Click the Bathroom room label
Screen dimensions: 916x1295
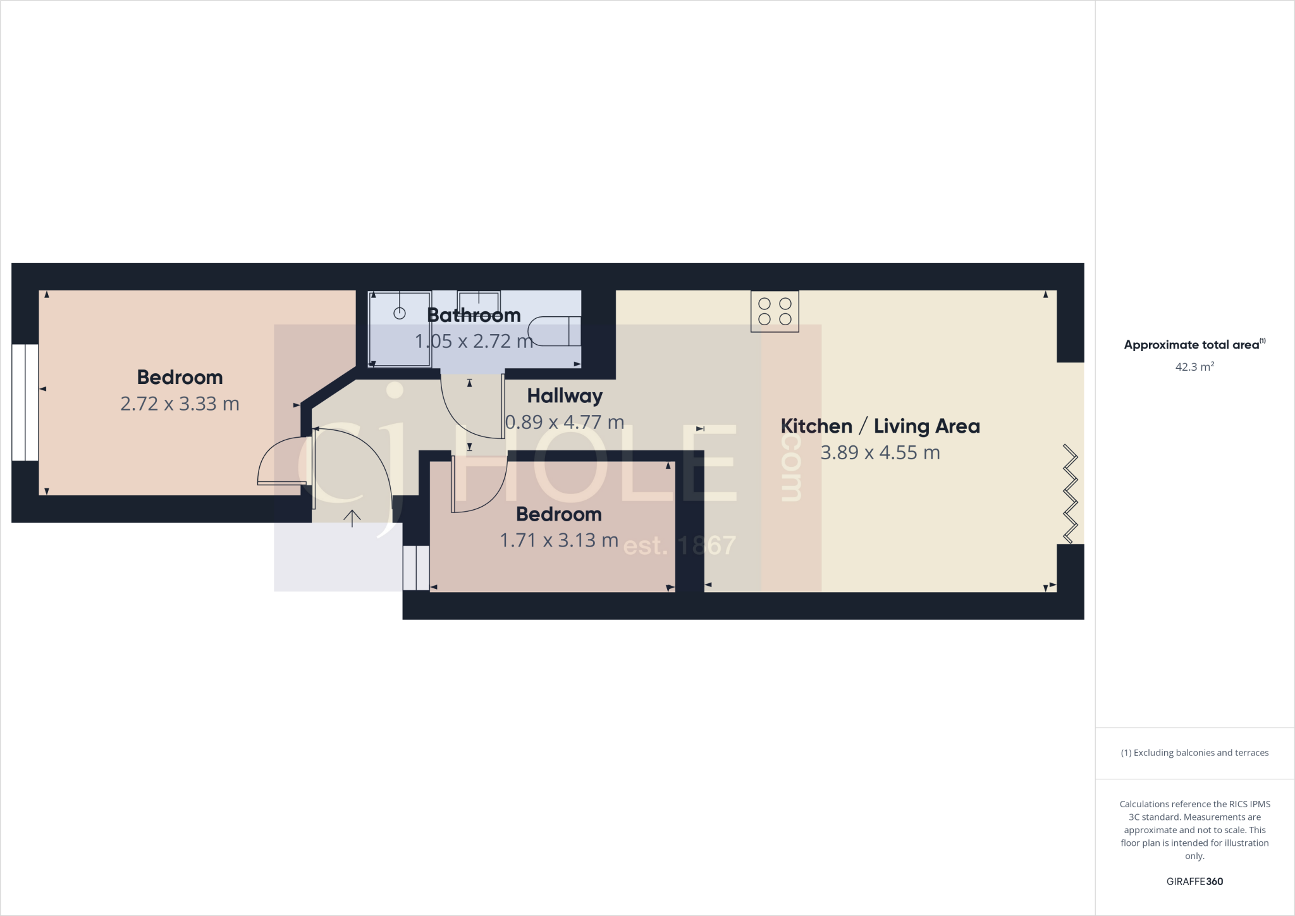[x=474, y=315]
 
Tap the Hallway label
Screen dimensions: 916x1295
[x=565, y=396]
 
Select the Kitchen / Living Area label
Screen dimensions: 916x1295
[x=880, y=426]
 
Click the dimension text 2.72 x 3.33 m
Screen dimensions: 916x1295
[x=180, y=404]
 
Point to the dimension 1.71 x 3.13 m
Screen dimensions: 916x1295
[x=559, y=540]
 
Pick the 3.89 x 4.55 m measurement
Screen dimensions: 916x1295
[x=880, y=453]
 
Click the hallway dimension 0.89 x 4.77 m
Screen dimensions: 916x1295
[x=565, y=422]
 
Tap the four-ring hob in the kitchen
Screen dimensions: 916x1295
[x=775, y=311]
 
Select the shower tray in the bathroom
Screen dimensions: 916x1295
[x=400, y=329]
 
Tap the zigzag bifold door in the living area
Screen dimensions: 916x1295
[x=1070, y=493]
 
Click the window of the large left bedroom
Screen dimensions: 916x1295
[x=25, y=402]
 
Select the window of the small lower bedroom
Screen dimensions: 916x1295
[x=416, y=567]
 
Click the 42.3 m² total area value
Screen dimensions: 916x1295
[x=1194, y=367]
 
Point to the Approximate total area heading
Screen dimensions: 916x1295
[x=1194, y=345]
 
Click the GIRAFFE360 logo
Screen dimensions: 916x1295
[x=1194, y=881]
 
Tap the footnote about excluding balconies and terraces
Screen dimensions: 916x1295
[x=1194, y=753]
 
